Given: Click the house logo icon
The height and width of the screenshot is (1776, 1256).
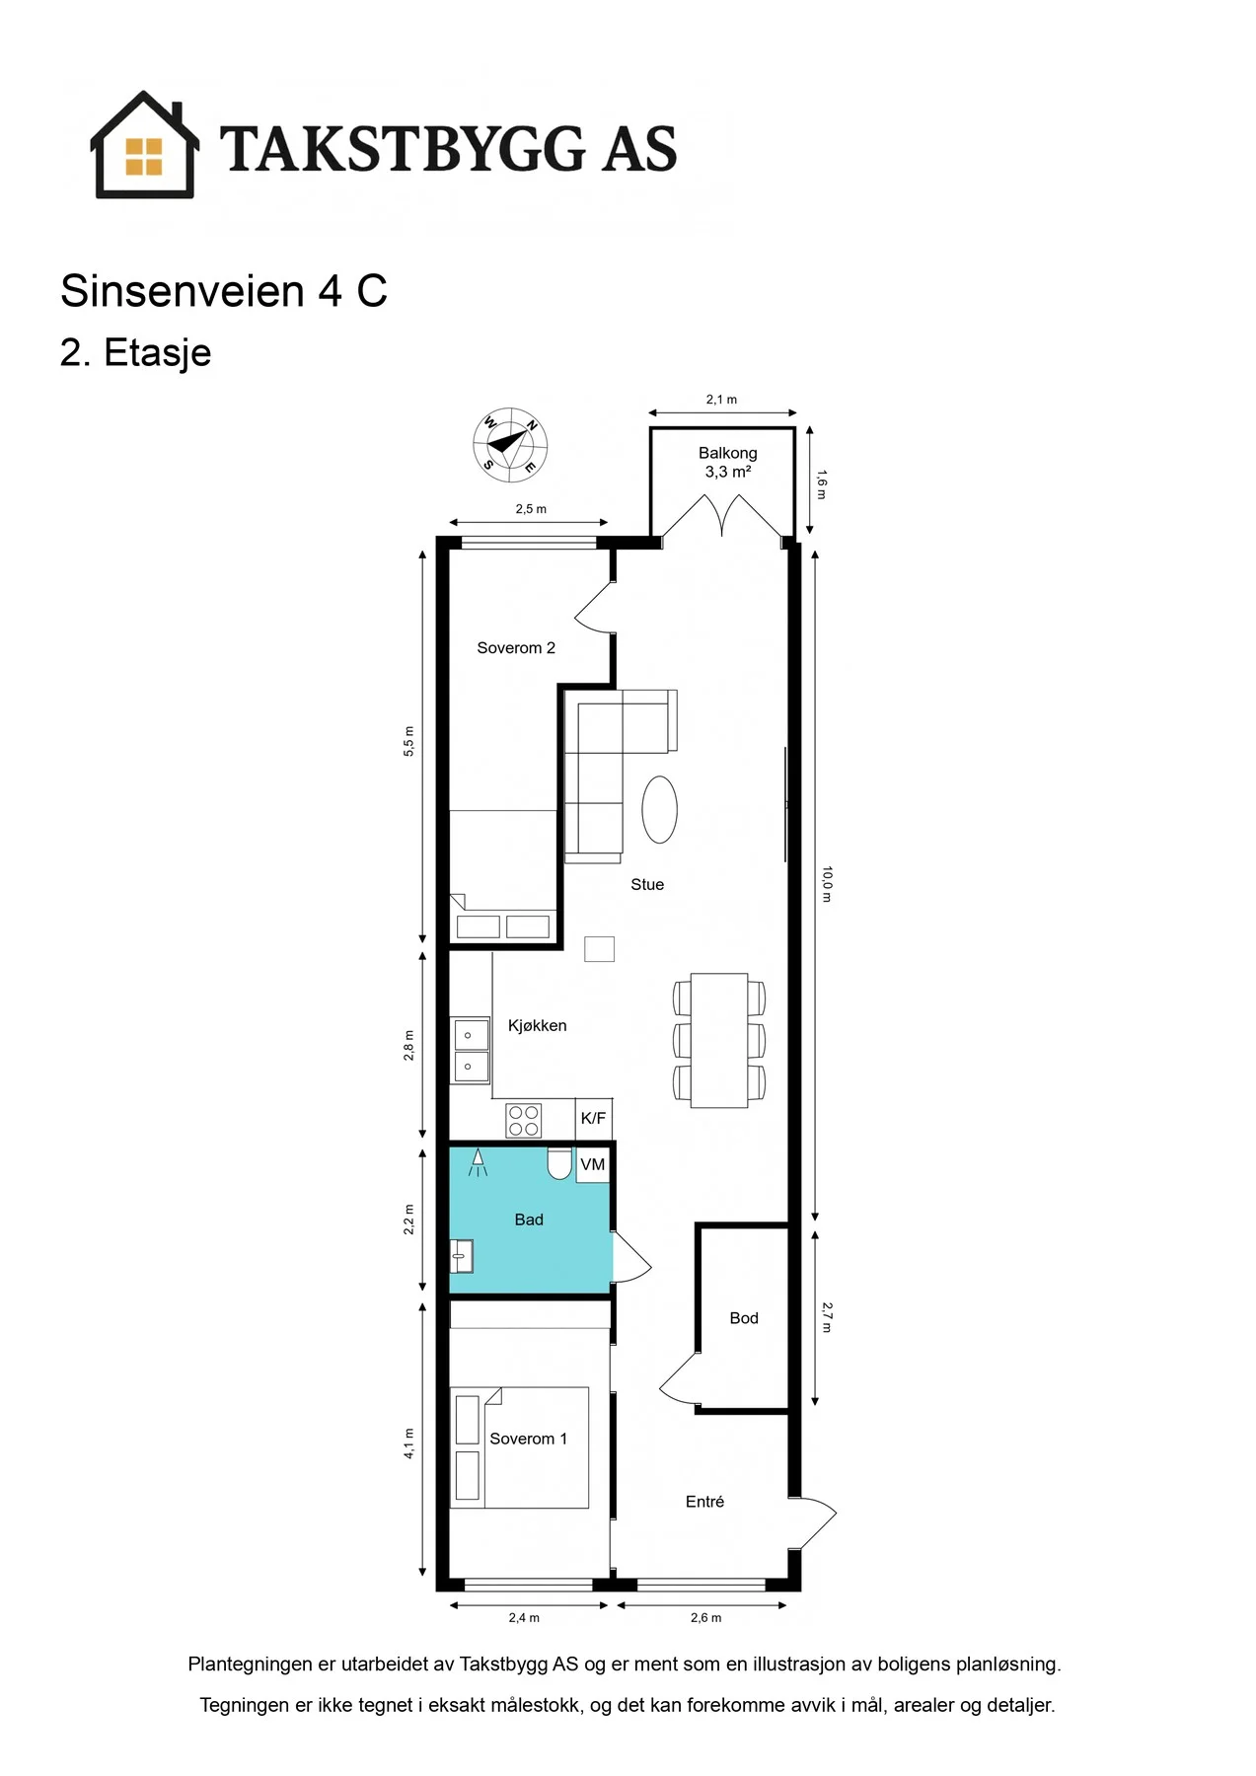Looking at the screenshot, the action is point(145,145).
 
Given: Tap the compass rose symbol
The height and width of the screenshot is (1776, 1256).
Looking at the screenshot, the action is point(510,445).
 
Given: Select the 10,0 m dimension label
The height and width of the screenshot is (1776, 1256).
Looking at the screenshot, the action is point(827,884).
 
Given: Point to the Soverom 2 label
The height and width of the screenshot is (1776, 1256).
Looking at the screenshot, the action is point(516,648).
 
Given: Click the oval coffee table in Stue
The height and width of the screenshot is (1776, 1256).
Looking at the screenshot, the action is point(660,809).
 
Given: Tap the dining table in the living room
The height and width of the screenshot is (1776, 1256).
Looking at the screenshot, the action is point(719,1040).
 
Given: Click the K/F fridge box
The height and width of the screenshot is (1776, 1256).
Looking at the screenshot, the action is point(594,1118).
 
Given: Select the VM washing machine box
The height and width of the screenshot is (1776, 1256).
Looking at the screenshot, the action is point(593,1165).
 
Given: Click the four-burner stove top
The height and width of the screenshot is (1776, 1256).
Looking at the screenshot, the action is point(524,1120).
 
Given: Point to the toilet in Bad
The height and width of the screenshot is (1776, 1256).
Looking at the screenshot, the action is point(559,1163).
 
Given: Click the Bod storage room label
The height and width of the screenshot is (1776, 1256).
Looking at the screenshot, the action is point(744,1318).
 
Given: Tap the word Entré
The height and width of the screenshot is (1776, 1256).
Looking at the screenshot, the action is point(704,1502).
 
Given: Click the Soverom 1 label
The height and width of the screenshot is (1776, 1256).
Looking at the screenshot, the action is point(529,1439).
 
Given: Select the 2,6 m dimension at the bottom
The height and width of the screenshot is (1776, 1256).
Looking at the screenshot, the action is point(705,1617).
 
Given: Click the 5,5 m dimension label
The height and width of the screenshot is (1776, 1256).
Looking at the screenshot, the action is point(408,741).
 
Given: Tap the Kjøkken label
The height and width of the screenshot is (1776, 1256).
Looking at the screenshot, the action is point(538,1026).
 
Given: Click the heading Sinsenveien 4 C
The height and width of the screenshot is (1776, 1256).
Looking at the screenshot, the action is point(224,291).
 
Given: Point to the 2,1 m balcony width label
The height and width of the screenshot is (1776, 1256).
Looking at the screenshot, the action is point(721,400).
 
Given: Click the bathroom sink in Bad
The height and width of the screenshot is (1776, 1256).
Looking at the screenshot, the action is point(462,1256).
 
